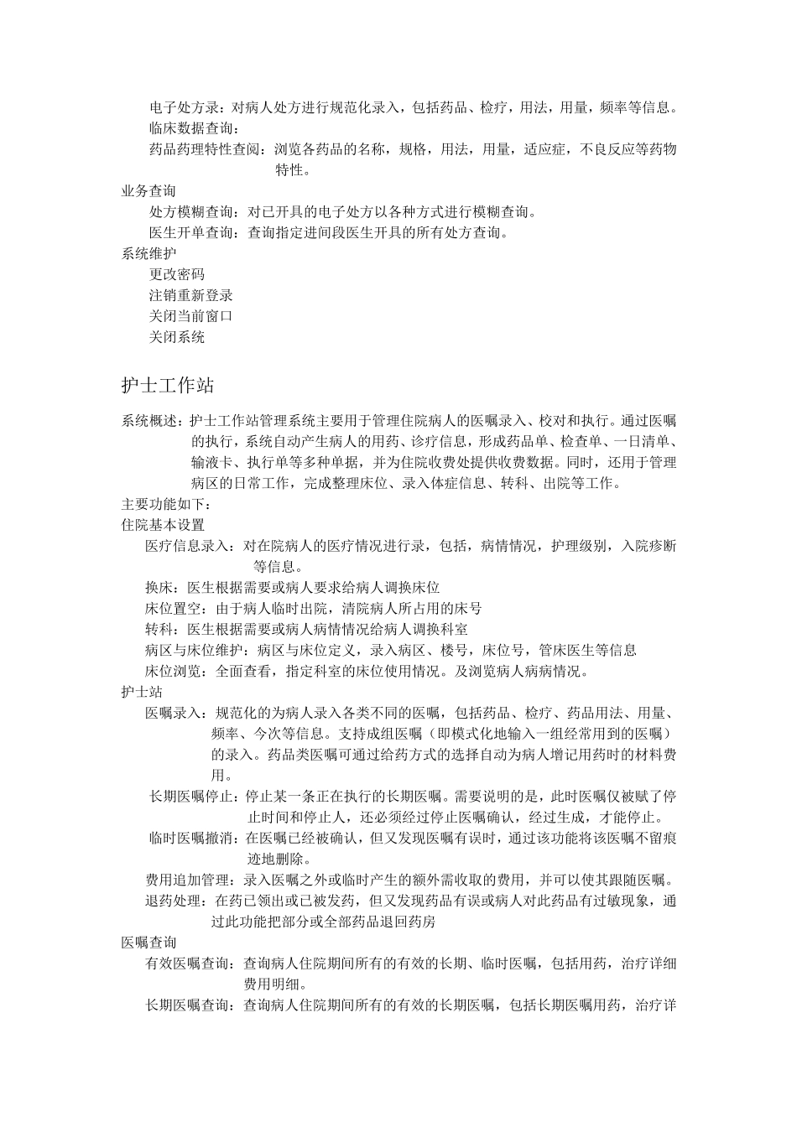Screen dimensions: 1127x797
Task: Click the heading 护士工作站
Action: (168, 386)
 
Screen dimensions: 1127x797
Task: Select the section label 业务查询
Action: (148, 191)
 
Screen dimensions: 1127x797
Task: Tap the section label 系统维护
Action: (148, 253)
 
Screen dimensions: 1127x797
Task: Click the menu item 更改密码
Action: (176, 274)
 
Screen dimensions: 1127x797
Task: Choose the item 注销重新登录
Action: (190, 295)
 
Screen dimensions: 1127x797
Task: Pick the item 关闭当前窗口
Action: (190, 316)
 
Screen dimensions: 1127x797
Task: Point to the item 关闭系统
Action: (176, 337)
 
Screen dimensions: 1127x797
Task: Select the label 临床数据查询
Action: (190, 128)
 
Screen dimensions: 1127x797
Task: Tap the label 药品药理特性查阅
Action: (204, 149)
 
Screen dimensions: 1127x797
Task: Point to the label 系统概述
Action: (148, 421)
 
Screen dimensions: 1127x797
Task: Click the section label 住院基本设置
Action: (163, 525)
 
